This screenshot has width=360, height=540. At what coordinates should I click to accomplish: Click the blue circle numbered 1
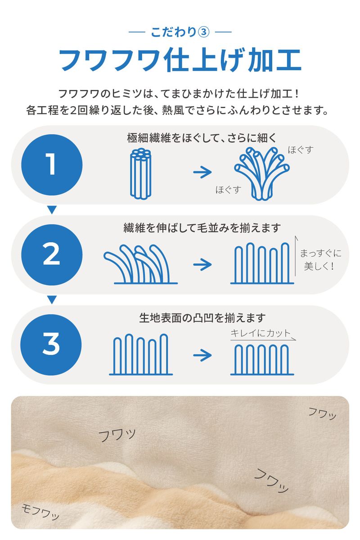point(52,165)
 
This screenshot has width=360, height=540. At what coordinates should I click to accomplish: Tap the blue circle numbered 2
point(52,254)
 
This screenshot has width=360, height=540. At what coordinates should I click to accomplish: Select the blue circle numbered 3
point(51,345)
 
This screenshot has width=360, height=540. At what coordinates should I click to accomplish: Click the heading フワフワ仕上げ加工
point(180,60)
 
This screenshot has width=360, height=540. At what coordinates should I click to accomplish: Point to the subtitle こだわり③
point(180,32)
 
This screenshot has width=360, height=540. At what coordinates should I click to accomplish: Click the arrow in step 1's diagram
point(202,172)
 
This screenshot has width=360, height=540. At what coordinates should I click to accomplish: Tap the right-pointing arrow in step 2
point(202,264)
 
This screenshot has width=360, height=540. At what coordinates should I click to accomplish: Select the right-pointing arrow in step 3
point(202,355)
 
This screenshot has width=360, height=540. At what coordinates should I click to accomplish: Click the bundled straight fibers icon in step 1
point(141,173)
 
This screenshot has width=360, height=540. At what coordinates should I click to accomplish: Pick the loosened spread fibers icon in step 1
point(262,173)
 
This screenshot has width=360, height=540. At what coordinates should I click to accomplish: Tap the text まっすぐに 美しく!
point(320,260)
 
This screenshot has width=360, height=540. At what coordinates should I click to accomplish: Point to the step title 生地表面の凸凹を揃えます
point(202,318)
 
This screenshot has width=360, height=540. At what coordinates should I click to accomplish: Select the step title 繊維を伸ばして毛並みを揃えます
point(202,227)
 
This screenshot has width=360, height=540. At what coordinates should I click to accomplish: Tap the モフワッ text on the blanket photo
point(40,512)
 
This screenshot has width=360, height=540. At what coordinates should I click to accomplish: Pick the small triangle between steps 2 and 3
point(52,299)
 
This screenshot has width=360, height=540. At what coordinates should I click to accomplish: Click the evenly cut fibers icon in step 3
point(262,359)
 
